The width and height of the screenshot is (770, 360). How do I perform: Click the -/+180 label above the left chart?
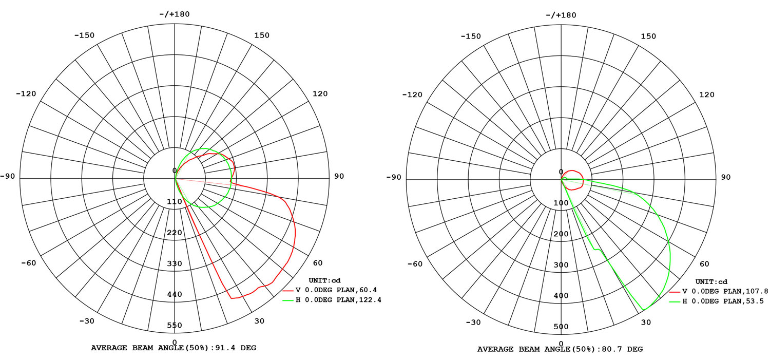coord(175,14)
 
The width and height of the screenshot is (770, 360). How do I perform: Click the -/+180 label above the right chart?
coord(561,15)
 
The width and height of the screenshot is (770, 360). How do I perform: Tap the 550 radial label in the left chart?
coord(175,325)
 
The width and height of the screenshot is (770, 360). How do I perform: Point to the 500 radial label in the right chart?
coord(561,327)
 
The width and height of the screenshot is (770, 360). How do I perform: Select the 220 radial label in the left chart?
coord(175,233)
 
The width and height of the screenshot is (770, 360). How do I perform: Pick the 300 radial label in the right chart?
coord(561,265)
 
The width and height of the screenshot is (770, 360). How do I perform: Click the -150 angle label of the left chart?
coord(84,35)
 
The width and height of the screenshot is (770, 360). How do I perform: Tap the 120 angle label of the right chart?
coord(707,95)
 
